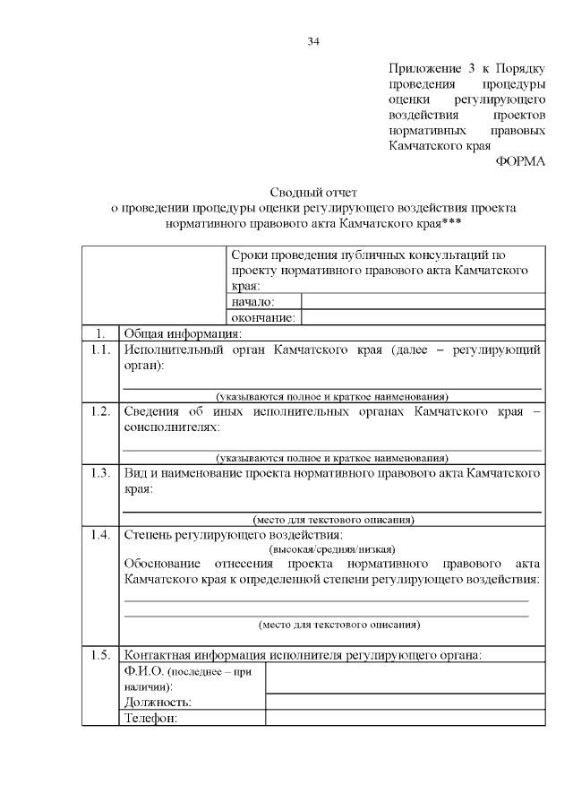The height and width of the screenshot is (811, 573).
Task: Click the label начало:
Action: (x=252, y=302)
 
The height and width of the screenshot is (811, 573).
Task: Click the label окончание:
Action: (x=262, y=317)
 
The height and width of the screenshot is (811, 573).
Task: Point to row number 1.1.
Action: (x=100, y=350)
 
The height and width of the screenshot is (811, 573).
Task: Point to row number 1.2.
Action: (x=100, y=411)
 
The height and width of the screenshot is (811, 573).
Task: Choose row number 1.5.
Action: (x=100, y=654)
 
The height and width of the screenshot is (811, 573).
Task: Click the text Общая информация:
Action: (x=176, y=333)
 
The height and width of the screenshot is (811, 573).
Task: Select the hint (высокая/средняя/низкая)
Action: (x=332, y=549)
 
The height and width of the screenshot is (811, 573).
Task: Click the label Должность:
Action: (x=158, y=702)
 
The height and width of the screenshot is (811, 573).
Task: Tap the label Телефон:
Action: (x=151, y=718)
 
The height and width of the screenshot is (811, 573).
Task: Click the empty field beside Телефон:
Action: (x=406, y=718)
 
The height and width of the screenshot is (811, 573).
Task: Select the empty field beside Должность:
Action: (x=406, y=702)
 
